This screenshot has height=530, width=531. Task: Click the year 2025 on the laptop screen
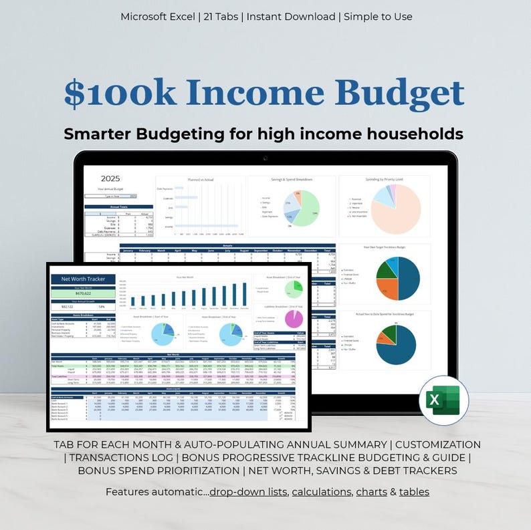110,178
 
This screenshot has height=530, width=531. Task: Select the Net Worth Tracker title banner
83,279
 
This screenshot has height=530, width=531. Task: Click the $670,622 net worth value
83,292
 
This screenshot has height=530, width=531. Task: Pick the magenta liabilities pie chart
294,318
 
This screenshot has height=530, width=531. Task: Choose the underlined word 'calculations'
321,492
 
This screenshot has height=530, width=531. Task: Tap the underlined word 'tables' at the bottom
414,492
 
